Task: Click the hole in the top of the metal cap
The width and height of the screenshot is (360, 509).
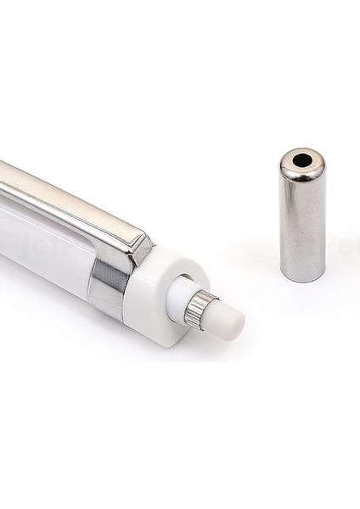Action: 301,158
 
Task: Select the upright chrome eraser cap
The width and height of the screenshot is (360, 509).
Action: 301,216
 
